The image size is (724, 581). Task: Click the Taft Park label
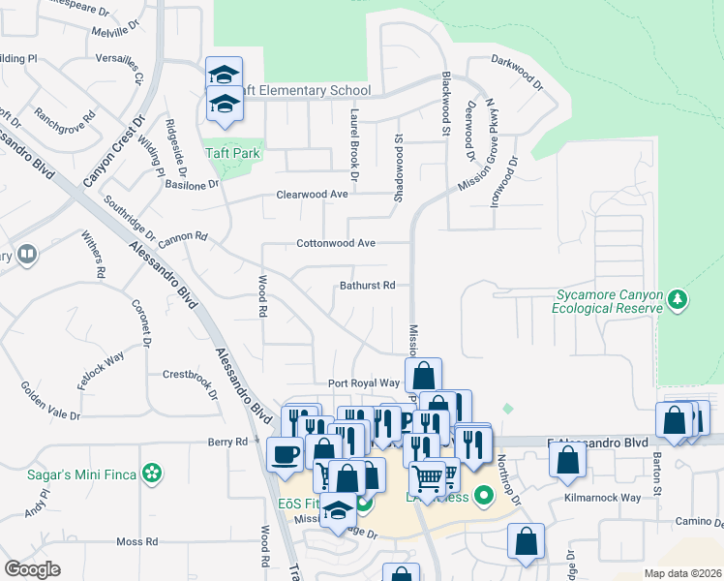click(x=233, y=153)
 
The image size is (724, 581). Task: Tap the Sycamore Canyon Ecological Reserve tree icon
click(x=679, y=300)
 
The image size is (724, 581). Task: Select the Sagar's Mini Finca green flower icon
click(x=151, y=473)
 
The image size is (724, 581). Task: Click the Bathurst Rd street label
click(x=368, y=286)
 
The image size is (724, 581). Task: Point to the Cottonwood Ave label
click(x=336, y=243)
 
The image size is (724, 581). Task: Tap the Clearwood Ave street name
click(x=312, y=195)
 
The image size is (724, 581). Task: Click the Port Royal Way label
click(x=364, y=383)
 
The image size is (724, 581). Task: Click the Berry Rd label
click(x=228, y=442)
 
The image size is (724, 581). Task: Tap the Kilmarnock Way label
click(x=603, y=498)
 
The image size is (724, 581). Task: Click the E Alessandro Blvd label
click(x=597, y=443)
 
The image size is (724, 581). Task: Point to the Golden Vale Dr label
click(x=50, y=401)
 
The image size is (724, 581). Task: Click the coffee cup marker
click(x=286, y=453)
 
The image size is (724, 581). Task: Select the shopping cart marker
click(x=427, y=477)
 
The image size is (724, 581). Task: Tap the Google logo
click(x=33, y=568)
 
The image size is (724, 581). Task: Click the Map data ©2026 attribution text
click(x=681, y=573)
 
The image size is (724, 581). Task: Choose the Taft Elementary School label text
click(x=300, y=89)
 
